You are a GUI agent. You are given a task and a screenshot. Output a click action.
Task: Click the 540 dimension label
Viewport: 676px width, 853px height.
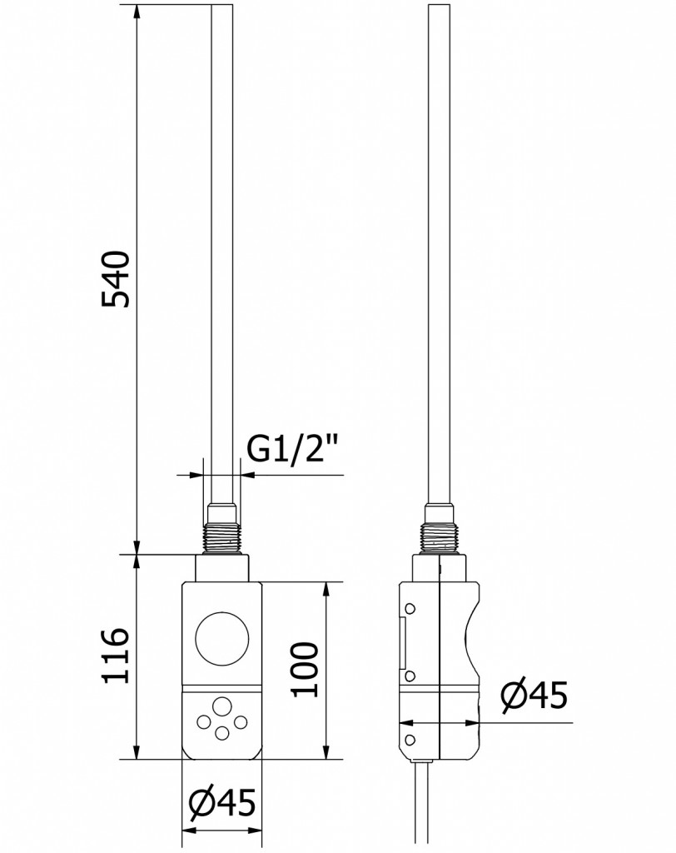point(116,279)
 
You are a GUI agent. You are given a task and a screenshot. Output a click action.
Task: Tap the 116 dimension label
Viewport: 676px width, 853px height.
point(116,655)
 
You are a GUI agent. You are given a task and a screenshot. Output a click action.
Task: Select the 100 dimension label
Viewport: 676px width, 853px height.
point(304,669)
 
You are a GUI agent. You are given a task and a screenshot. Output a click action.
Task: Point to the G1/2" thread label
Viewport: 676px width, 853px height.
point(293,448)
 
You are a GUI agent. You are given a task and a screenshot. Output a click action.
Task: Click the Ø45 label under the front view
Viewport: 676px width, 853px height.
point(222,802)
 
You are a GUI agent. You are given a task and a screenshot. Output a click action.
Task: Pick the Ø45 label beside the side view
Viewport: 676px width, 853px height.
point(534,695)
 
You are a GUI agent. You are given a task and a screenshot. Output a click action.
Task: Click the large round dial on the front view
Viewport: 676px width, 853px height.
point(222,639)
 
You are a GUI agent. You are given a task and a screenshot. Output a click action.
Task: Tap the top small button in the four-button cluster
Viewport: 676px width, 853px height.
point(221,706)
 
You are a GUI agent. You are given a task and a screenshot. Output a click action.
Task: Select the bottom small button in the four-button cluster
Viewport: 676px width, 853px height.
point(221,733)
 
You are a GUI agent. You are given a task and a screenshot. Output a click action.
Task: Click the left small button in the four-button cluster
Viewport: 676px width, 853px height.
point(204,722)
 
